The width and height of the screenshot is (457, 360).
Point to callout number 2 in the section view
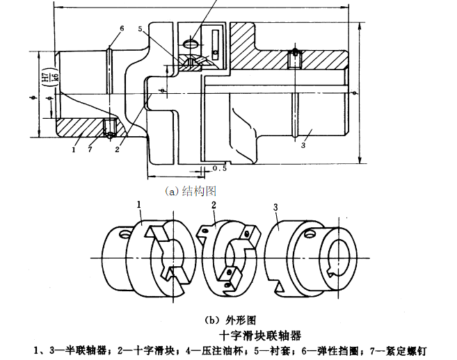pyautogui.click(x=119, y=148)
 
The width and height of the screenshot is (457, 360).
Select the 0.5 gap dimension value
pyautogui.click(x=221, y=168)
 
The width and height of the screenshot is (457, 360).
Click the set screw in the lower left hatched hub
pyautogui.click(x=108, y=129)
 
